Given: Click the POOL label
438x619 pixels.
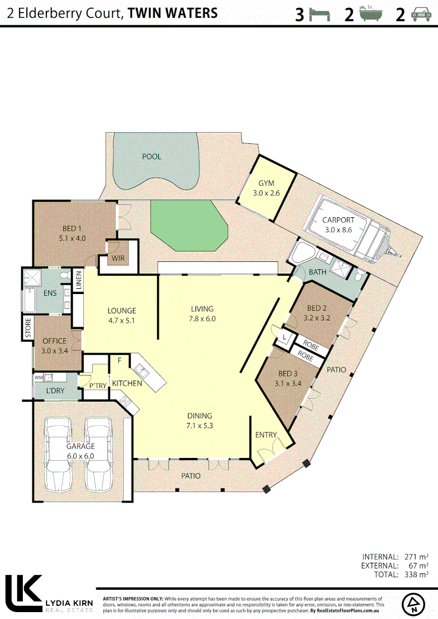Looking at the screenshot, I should click(151, 156).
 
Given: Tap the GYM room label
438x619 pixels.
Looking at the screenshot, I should click(266, 183).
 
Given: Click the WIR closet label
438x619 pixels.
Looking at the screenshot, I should click(118, 258).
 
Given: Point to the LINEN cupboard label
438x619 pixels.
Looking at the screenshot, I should click(79, 281).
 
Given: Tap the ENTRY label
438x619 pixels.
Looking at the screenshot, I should click(265, 435).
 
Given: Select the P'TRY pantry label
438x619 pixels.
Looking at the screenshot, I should click(97, 386).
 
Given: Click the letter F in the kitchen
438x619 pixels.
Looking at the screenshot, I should click(119, 361).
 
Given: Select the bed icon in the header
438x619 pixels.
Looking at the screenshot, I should click(320, 14).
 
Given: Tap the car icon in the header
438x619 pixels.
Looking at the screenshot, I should click(419, 14).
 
